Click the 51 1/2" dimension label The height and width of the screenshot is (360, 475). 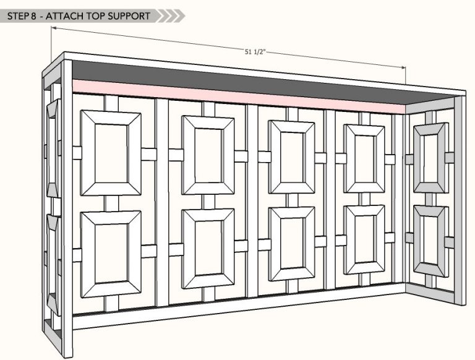(255, 52)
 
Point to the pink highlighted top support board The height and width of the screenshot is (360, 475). (239, 96)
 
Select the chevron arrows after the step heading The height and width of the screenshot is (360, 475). (171, 15)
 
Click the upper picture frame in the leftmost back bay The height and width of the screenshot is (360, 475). (111, 153)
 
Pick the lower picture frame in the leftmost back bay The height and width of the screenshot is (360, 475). (111, 254)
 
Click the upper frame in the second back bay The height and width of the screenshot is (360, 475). (208, 155)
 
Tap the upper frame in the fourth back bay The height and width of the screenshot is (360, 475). (364, 158)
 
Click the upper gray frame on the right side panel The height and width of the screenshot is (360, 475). (431, 158)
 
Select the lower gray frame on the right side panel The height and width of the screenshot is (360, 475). (431, 241)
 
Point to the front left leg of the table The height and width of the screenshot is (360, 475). (67, 208)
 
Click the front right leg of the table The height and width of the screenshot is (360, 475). (460, 200)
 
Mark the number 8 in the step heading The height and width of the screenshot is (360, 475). (33, 16)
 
